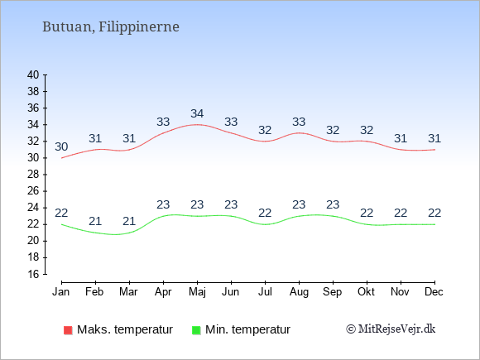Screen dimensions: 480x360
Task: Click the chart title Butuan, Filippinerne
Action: pyautogui.click(x=111, y=27)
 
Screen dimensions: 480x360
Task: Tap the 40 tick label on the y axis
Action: pyautogui.click(x=33, y=74)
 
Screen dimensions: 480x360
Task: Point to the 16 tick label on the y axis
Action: pyautogui.click(x=33, y=274)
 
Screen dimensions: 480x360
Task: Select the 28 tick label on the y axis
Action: pyautogui.click(x=33, y=175)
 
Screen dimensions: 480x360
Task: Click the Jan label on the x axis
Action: pyautogui.click(x=61, y=292)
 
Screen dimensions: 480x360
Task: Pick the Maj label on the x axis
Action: pyautogui.click(x=197, y=292)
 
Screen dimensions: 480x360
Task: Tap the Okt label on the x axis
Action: pyautogui.click(x=366, y=292)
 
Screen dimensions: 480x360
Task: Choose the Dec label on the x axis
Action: pyautogui.click(x=434, y=292)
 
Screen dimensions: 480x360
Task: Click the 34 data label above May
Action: pyautogui.click(x=197, y=114)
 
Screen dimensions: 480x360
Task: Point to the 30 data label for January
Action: pyautogui.click(x=61, y=147)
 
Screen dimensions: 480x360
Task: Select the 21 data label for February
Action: pyautogui.click(x=95, y=221)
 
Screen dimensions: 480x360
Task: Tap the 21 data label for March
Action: pyautogui.click(x=129, y=221)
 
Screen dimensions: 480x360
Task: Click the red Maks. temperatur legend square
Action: pyautogui.click(x=68, y=330)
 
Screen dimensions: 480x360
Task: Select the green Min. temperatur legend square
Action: pyautogui.click(x=196, y=330)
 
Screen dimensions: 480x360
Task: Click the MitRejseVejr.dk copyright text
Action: pyautogui.click(x=391, y=329)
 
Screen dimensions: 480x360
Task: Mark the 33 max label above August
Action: pyautogui.click(x=299, y=122)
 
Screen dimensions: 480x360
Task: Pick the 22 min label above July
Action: pyautogui.click(x=265, y=213)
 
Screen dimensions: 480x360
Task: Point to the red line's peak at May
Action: pyautogui.click(x=197, y=125)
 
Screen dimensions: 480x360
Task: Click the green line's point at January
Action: pyautogui.click(x=61, y=224)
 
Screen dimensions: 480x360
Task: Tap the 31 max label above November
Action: pyautogui.click(x=401, y=139)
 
